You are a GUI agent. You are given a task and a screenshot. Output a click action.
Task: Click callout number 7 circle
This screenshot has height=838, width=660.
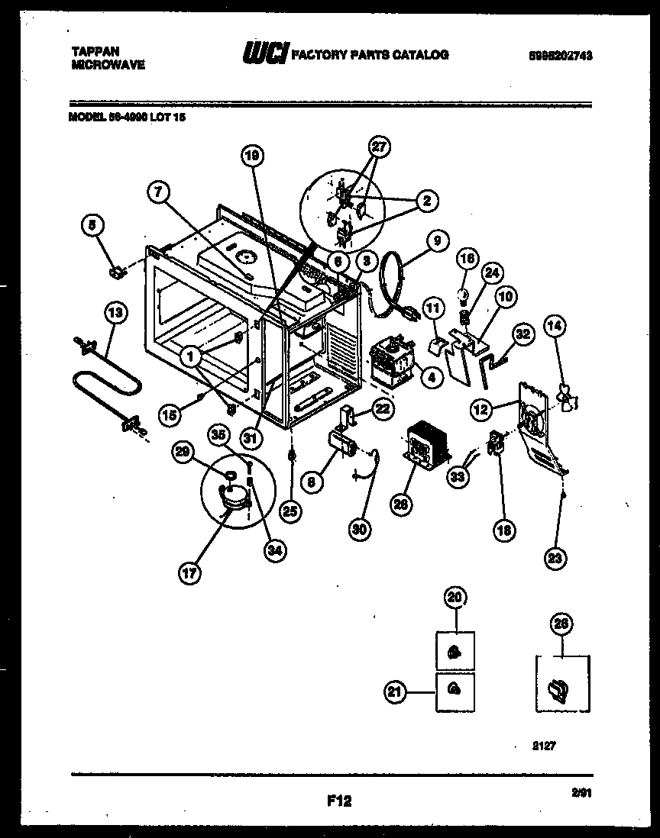pyautogui.click(x=158, y=193)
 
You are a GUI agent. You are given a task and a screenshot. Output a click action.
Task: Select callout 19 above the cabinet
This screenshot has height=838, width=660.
pyautogui.click(x=253, y=155)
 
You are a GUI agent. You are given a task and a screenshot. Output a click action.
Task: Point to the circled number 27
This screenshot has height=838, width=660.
pyautogui.click(x=380, y=147)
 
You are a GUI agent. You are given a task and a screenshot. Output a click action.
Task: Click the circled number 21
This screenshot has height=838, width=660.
pyautogui.click(x=394, y=691)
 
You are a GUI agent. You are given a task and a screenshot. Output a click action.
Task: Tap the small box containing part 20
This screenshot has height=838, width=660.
pyautogui.click(x=455, y=650)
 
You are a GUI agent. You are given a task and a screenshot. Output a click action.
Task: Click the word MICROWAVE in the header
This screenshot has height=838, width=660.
pyautogui.click(x=108, y=66)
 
